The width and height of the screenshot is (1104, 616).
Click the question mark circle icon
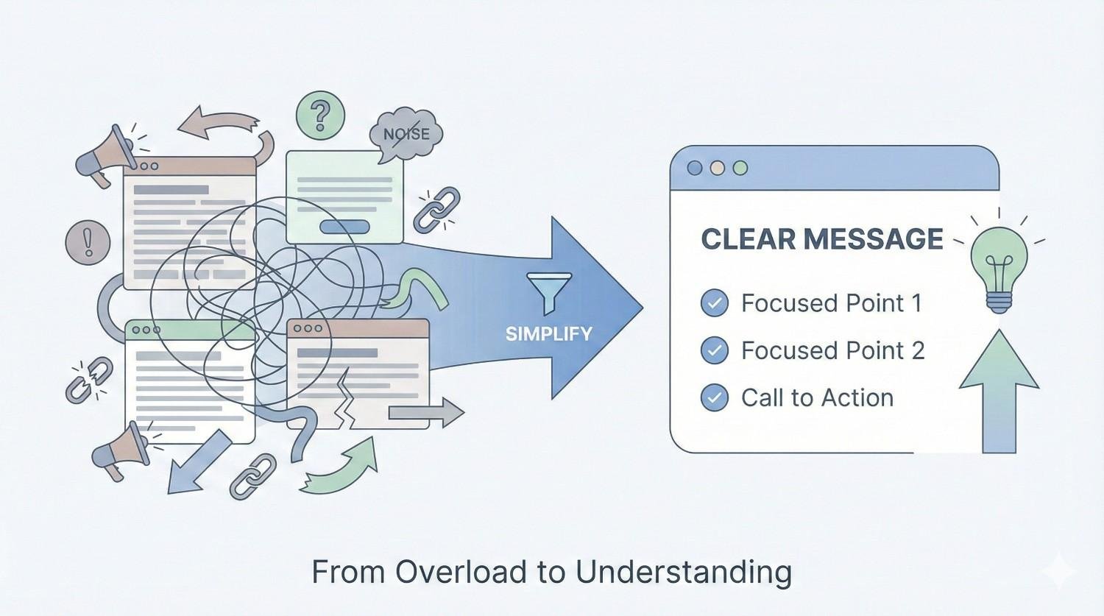(320, 116)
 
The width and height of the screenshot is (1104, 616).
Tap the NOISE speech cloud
(407, 134)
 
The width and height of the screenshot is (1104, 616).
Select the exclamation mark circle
(88, 242)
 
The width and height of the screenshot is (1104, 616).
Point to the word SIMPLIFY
(549, 333)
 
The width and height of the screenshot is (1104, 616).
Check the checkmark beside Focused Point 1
(714, 303)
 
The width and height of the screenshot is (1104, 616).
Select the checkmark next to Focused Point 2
(714, 350)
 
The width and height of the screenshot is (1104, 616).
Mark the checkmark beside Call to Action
(714, 397)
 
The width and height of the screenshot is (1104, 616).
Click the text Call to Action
(817, 397)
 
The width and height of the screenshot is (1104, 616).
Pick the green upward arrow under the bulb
(999, 390)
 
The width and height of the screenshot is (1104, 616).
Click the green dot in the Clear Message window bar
(740, 168)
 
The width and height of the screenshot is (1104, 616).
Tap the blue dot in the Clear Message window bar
(695, 168)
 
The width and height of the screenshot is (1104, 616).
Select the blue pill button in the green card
(344, 227)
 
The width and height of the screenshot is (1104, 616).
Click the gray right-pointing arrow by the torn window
(426, 413)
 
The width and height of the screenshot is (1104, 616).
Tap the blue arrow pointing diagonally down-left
(197, 462)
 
